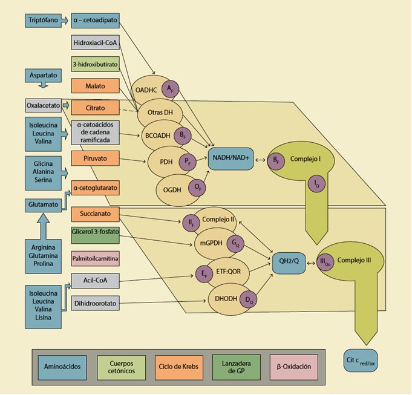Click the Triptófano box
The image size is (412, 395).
(44, 21)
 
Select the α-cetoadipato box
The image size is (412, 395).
(94, 21)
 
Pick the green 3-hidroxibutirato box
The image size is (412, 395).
(94, 64)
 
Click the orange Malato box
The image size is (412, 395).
(94, 86)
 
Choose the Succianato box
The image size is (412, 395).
(94, 214)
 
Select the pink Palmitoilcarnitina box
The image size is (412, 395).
(94, 258)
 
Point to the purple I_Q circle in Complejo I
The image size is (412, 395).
(316, 184)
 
